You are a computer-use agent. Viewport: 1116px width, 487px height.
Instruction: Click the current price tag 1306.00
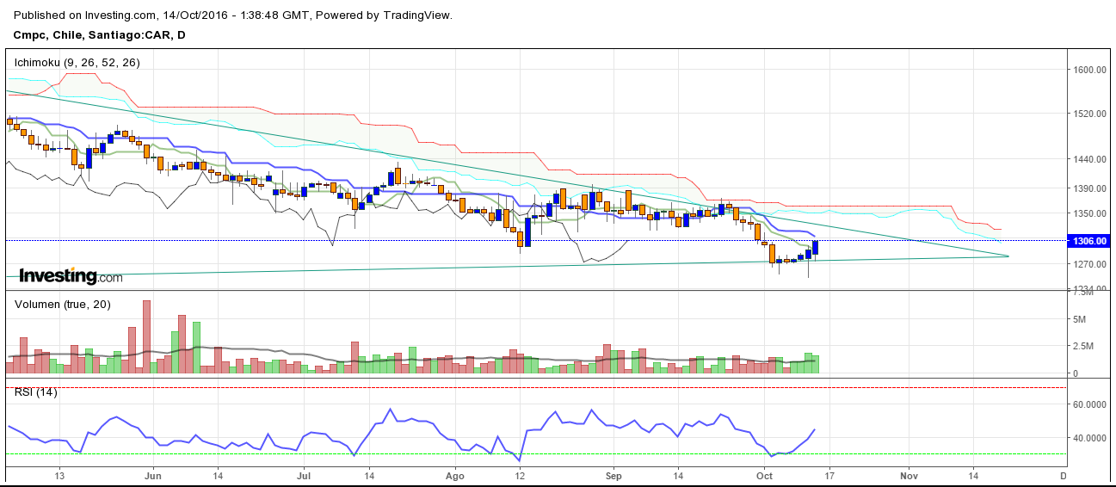click(x=1088, y=242)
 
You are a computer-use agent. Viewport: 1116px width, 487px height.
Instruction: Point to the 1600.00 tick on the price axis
click(x=1088, y=70)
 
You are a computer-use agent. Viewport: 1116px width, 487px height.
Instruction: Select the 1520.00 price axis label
click(x=1088, y=114)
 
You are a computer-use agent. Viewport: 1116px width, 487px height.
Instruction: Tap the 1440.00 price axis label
click(x=1088, y=159)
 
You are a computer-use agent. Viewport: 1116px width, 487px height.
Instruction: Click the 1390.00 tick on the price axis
click(x=1088, y=188)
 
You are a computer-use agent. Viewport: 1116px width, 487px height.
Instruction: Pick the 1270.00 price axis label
click(x=1088, y=265)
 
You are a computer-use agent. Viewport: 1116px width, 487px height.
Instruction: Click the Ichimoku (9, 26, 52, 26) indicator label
click(x=77, y=63)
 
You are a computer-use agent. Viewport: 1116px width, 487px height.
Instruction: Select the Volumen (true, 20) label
click(x=62, y=304)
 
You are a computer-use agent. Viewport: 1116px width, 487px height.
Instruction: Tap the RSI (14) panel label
click(x=35, y=392)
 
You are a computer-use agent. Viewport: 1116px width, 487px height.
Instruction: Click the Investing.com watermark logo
click(x=71, y=276)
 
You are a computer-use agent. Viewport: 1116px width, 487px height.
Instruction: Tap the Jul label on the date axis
click(x=304, y=475)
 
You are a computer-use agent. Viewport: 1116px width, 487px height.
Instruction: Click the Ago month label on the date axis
click(x=455, y=475)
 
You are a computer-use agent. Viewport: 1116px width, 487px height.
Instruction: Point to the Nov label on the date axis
click(x=909, y=475)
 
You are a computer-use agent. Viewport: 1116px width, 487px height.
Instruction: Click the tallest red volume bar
click(x=146, y=336)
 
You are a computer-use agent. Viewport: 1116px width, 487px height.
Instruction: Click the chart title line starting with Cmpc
click(x=99, y=35)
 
